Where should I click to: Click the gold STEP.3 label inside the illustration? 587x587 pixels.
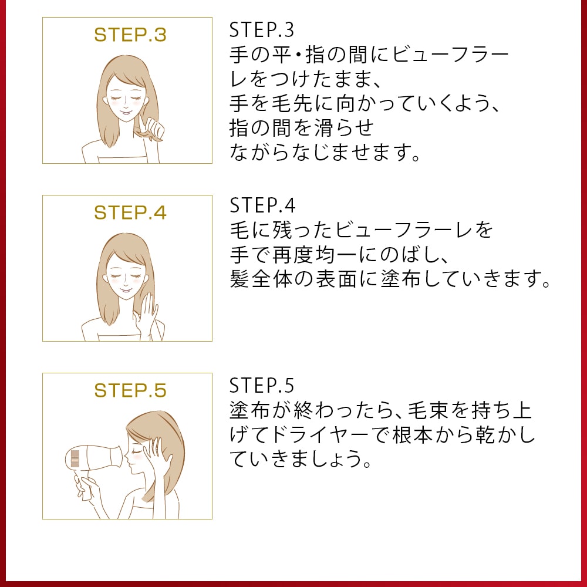pos(130,35)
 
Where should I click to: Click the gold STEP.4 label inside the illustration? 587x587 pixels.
pos(130,212)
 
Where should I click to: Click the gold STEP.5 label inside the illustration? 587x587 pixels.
pos(130,390)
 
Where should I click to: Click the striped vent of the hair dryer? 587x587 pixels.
pos(75,457)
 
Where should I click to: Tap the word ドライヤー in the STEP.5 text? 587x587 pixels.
pos(318,436)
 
